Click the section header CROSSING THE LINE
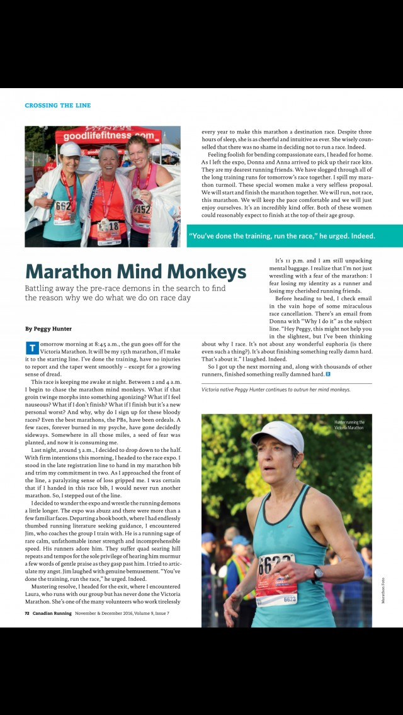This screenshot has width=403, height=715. tap(57, 106)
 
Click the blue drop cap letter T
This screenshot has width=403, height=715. tap(31, 348)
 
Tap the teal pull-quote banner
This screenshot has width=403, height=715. tap(294, 236)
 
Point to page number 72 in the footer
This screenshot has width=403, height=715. tap(28, 613)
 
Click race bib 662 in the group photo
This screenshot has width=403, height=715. tap(63, 206)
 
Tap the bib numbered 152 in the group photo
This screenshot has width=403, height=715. tap(142, 209)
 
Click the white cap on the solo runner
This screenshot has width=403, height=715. tap(277, 434)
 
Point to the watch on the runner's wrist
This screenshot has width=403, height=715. tap(319, 573)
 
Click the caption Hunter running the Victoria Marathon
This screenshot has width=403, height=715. tap(349, 425)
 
